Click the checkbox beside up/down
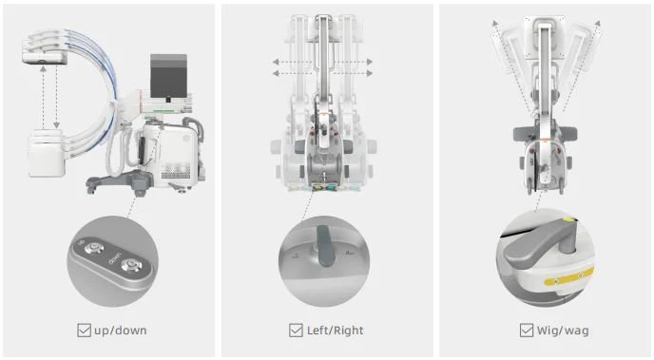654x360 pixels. [84, 331]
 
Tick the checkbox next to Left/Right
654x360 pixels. [296, 331]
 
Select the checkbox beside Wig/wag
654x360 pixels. [527, 331]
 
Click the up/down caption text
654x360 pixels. [121, 331]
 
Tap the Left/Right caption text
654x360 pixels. [336, 331]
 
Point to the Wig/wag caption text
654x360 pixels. [563, 332]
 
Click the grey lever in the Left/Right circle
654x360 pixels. [326, 246]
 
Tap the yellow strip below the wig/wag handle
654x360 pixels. [568, 276]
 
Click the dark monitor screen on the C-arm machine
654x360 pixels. [168, 75]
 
